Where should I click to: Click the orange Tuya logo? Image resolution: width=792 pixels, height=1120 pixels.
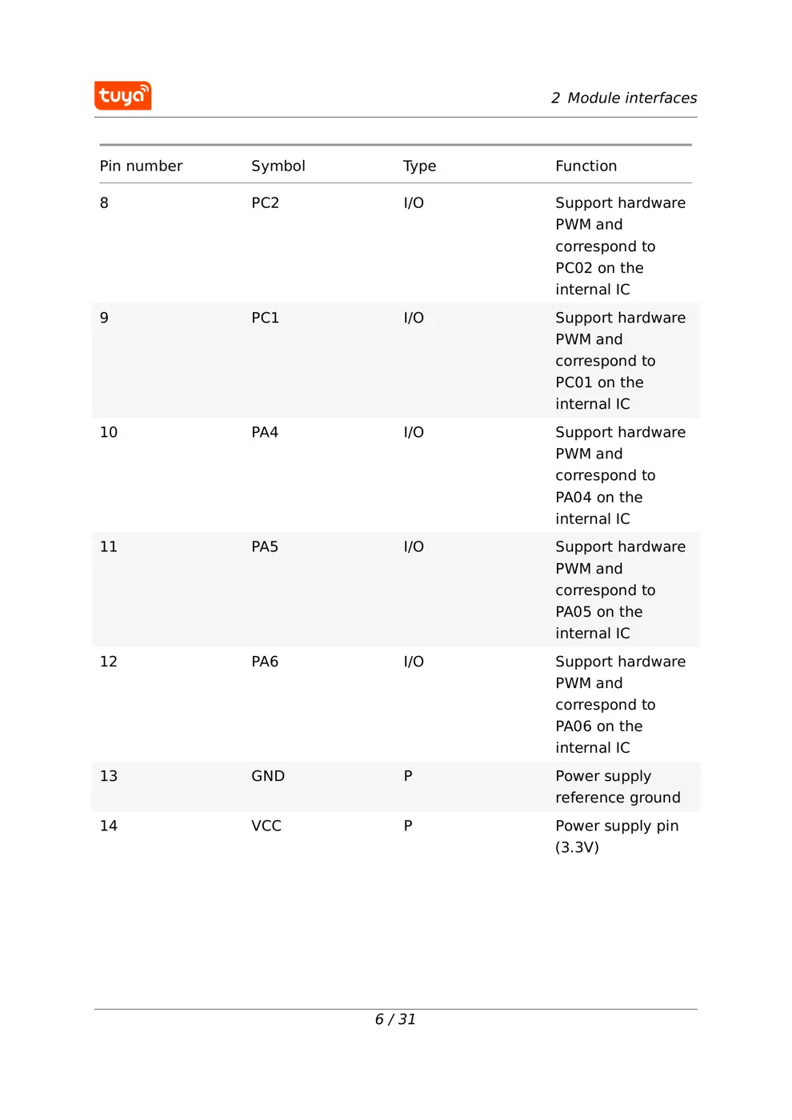click(x=122, y=95)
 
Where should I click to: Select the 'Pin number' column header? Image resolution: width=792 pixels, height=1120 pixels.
click(x=141, y=166)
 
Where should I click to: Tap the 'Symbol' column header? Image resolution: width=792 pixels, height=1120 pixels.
click(x=278, y=166)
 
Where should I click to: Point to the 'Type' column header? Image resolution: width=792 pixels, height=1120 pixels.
click(x=419, y=166)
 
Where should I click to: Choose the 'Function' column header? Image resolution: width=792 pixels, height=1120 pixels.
click(x=586, y=166)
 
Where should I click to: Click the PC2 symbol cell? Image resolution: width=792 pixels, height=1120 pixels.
click(x=265, y=202)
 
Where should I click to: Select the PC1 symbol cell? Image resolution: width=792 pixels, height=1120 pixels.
click(x=265, y=318)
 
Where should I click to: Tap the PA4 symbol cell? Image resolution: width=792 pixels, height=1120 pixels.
click(x=264, y=432)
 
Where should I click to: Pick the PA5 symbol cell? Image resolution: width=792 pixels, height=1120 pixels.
click(x=264, y=546)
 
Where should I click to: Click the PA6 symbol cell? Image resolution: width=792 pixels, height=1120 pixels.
click(x=264, y=662)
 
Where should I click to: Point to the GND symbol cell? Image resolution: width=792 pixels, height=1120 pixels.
click(x=267, y=776)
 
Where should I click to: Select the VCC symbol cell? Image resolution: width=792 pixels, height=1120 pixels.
click(x=266, y=826)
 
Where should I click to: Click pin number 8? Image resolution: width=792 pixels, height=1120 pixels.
click(x=104, y=202)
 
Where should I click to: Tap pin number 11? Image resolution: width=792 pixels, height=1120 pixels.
click(x=108, y=546)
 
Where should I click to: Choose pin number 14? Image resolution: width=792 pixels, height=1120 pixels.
click(x=108, y=826)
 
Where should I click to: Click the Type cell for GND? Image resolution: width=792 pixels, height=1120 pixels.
click(x=408, y=776)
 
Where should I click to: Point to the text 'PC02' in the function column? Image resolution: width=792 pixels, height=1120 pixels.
click(x=574, y=268)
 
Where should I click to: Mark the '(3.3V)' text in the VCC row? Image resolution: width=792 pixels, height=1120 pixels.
click(x=577, y=847)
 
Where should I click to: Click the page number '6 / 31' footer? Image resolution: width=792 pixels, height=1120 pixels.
click(x=395, y=1019)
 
